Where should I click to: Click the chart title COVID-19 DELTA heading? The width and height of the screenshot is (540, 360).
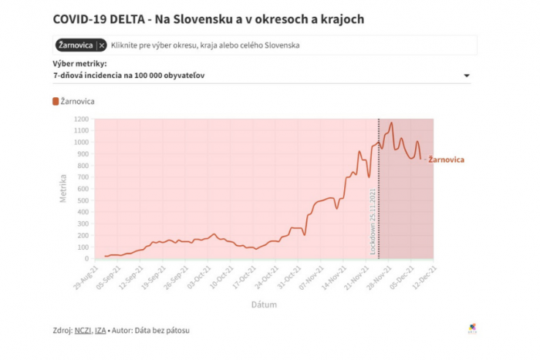(208, 18)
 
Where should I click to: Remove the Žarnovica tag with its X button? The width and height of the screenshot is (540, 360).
(102, 45)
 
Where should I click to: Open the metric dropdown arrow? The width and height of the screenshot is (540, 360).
(467, 76)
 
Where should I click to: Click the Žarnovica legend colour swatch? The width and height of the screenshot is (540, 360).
(56, 101)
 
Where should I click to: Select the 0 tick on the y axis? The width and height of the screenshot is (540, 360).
(87, 258)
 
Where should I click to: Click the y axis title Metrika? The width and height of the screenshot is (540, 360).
(63, 188)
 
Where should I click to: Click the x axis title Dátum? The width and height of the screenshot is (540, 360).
(263, 304)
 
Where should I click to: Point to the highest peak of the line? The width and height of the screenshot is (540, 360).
(392, 123)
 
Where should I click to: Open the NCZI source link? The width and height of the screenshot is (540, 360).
(83, 331)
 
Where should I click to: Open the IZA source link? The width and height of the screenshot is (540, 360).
(100, 331)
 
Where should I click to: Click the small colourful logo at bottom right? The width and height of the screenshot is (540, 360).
(472, 328)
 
